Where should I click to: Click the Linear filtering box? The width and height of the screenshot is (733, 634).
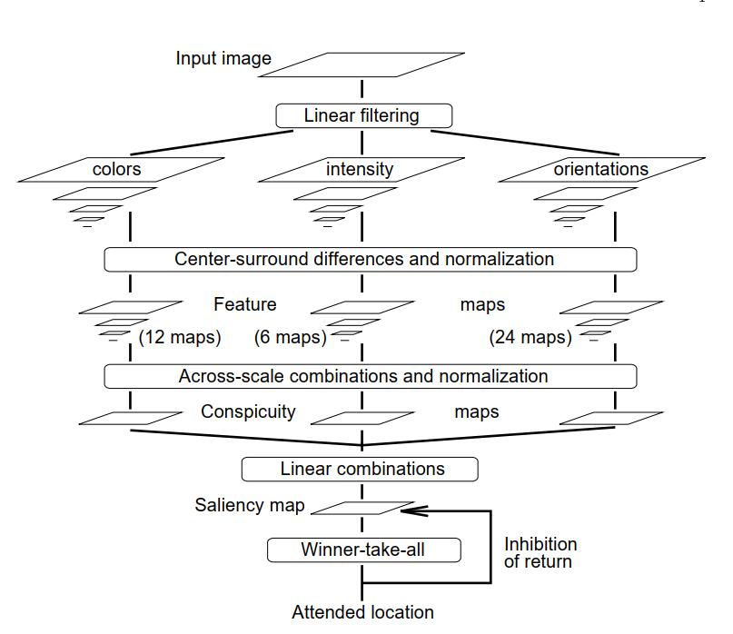(362, 116)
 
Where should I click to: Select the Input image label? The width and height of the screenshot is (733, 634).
(223, 59)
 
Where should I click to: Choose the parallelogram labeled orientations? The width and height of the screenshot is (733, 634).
(601, 170)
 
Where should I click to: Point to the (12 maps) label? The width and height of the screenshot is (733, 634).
(180, 338)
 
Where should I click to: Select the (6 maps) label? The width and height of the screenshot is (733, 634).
(289, 338)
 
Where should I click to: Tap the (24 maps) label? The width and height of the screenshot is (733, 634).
(530, 338)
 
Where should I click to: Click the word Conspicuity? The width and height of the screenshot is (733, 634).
(248, 411)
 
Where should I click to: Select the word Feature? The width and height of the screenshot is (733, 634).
(244, 304)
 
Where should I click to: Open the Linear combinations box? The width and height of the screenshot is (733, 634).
(360, 469)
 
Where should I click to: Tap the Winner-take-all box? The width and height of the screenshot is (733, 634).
(363, 550)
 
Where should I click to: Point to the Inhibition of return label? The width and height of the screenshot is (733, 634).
(540, 552)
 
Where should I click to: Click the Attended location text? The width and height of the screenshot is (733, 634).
(362, 612)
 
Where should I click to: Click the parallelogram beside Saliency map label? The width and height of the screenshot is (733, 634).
(362, 508)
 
